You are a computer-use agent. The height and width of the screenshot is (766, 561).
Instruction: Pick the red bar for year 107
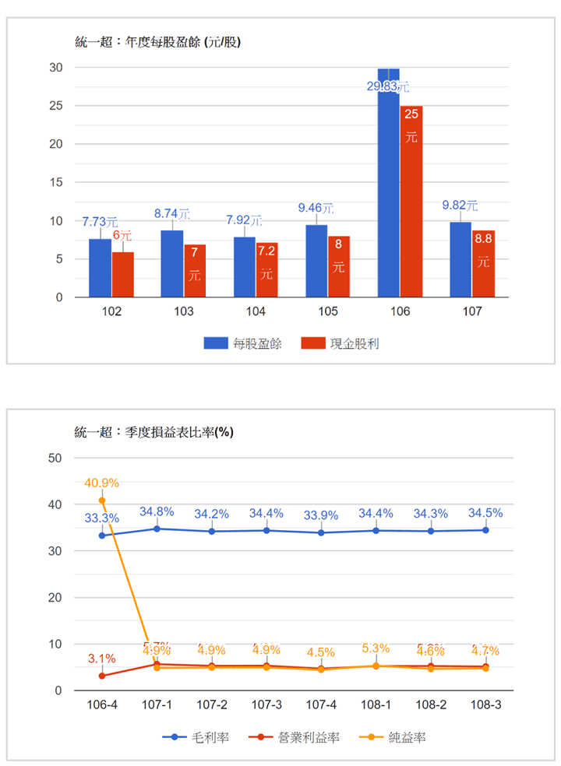click(x=483, y=265)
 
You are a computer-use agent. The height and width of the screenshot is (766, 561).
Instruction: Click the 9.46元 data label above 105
click(x=316, y=208)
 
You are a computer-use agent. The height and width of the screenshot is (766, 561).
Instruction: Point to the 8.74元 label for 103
click(x=172, y=213)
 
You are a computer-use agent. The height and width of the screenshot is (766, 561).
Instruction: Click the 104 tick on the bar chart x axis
click(x=256, y=312)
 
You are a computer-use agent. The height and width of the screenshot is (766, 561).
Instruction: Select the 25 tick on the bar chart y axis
click(x=56, y=105)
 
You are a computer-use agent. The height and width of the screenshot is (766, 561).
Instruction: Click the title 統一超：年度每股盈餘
click(x=157, y=42)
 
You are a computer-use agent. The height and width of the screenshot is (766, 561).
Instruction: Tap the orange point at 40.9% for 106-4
click(x=102, y=501)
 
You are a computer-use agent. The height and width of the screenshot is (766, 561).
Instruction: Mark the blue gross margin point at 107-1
click(x=157, y=529)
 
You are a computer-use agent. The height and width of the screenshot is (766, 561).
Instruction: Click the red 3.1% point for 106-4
click(x=102, y=676)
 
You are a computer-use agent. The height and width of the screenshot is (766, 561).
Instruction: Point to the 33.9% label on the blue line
click(x=321, y=515)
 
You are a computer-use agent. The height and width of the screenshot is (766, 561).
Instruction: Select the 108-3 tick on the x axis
click(x=485, y=705)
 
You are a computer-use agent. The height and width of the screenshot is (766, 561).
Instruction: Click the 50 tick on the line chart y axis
click(x=55, y=458)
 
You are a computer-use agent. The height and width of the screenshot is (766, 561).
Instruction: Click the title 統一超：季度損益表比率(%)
click(x=154, y=431)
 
